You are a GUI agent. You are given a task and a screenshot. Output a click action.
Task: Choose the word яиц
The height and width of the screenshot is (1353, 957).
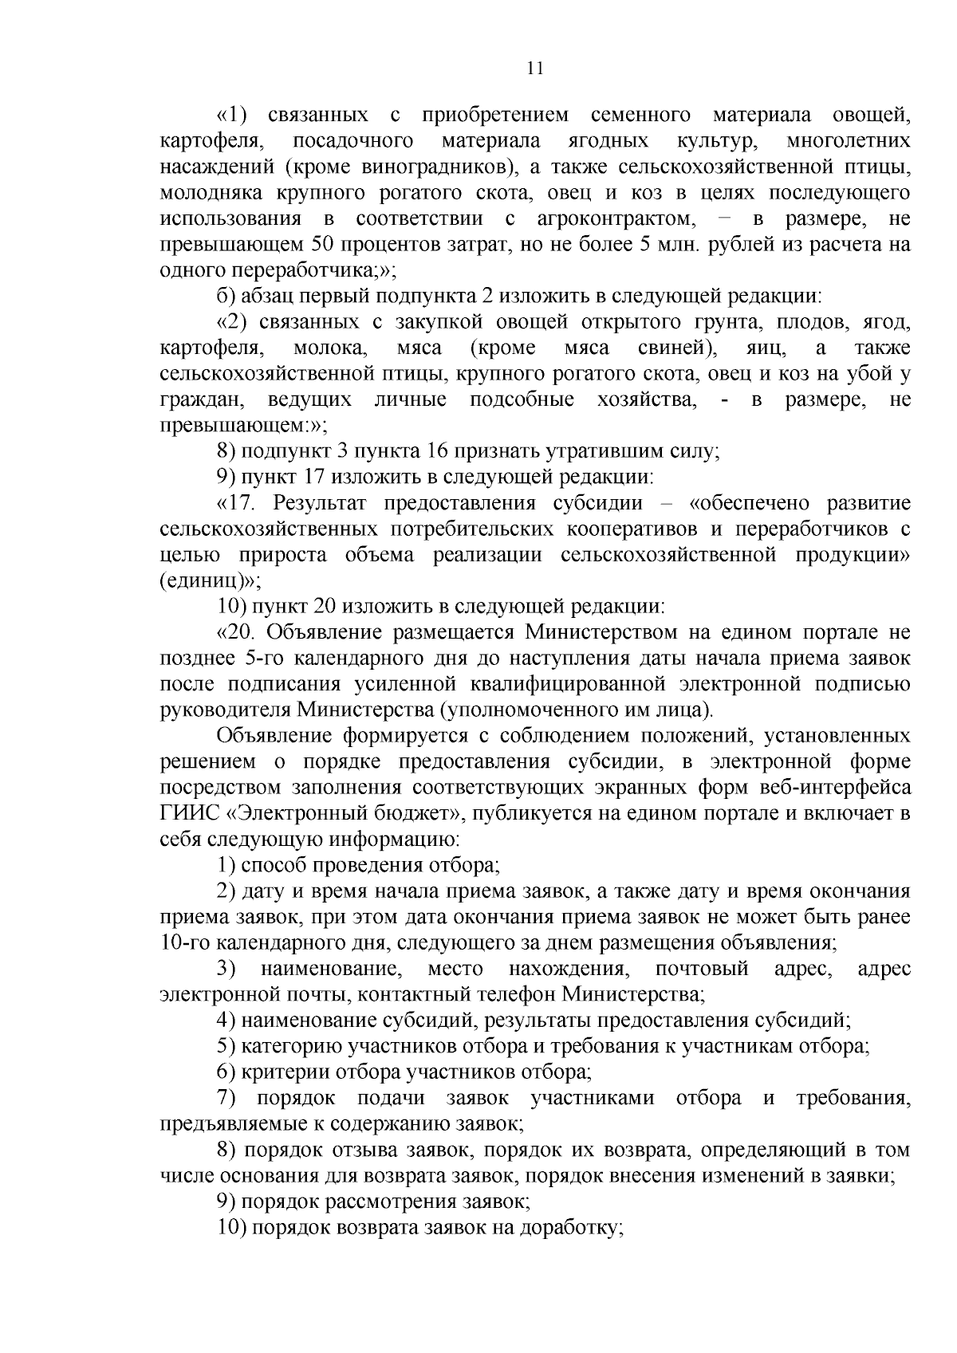click(x=765, y=348)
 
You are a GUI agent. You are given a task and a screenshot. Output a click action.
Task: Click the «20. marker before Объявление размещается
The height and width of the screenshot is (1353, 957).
click(x=237, y=633)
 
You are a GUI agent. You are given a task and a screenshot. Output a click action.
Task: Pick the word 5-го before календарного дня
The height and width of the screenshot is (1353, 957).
click(x=258, y=659)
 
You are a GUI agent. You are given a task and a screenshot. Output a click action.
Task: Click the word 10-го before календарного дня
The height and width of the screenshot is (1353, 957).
click(x=182, y=943)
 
